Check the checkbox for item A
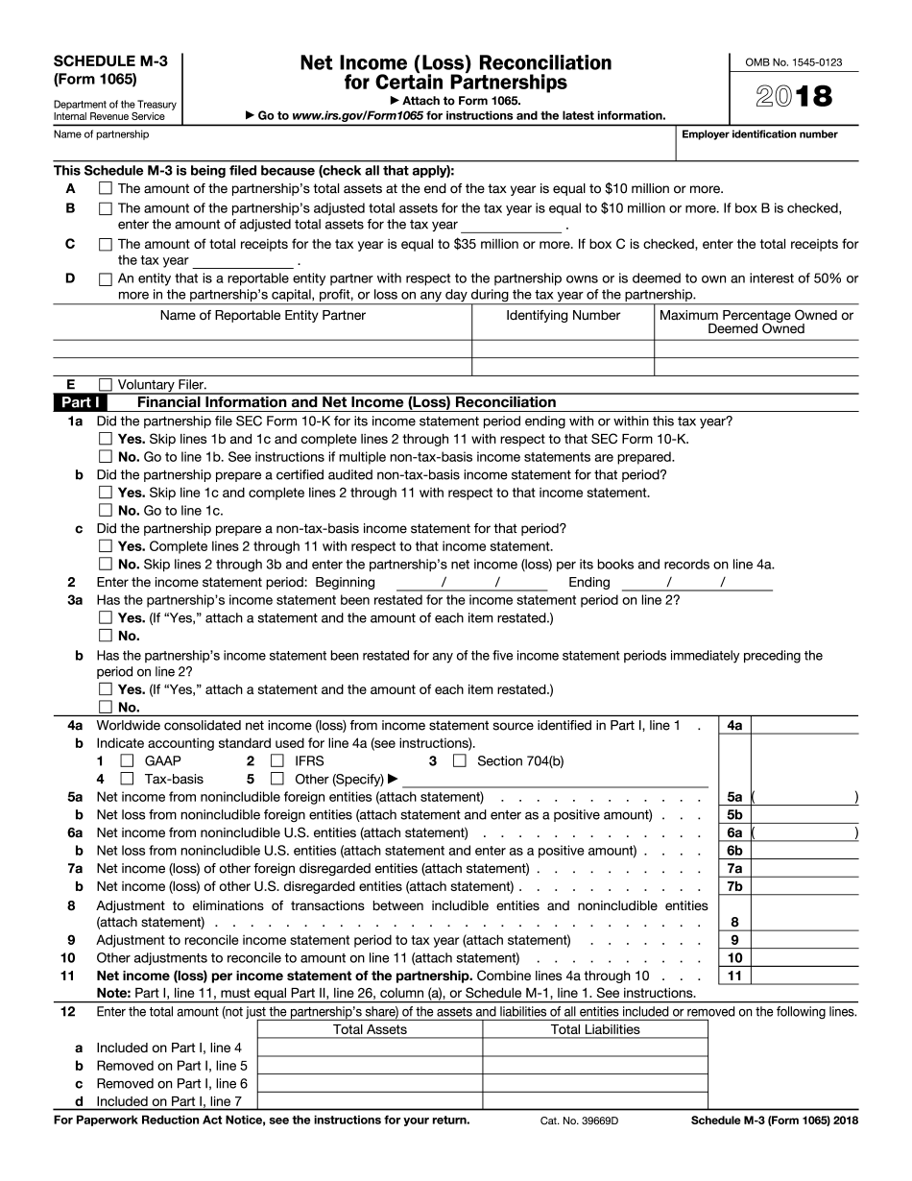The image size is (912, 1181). [106, 189]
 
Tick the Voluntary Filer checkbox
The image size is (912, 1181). [106, 385]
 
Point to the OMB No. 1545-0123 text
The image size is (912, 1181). [792, 62]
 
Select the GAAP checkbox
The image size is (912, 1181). [127, 761]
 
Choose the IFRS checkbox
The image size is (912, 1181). [277, 761]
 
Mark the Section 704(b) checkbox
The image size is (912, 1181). [459, 761]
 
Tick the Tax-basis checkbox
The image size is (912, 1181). [127, 779]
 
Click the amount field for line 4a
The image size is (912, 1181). [804, 726]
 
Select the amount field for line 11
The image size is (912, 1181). [804, 976]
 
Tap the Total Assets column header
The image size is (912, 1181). [370, 1029]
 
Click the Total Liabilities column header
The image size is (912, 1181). [595, 1029]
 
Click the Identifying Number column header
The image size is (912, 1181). [564, 315]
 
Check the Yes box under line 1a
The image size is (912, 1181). [106, 439]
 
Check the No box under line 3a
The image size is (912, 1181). [106, 636]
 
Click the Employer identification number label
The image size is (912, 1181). [759, 134]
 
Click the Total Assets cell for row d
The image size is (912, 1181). [370, 1101]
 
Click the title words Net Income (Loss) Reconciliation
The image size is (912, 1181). [456, 63]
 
